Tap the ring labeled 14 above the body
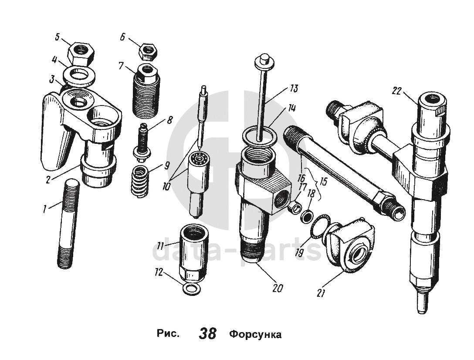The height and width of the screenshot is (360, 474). click(258, 136)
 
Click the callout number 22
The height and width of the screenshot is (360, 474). click(396, 90)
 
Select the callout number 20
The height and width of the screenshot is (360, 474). click(278, 288)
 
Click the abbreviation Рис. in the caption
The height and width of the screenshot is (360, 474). click(168, 334)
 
